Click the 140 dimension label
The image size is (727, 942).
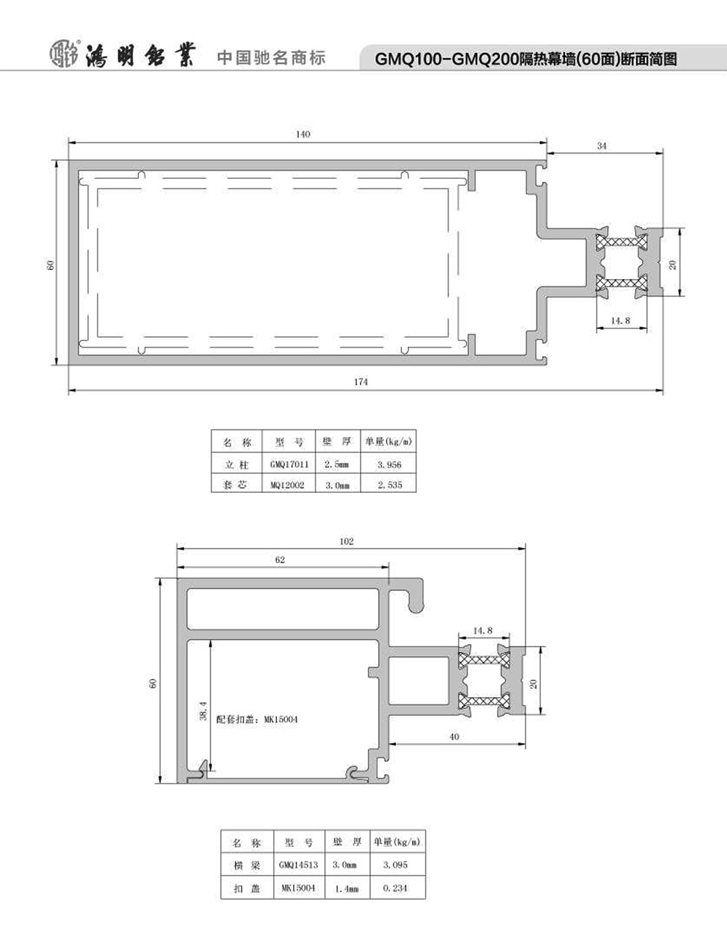pyautogui.click(x=303, y=134)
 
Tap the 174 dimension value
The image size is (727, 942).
pyautogui.click(x=361, y=382)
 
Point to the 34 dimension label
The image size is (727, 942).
pyautogui.click(x=602, y=146)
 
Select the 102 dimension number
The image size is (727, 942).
pyautogui.click(x=346, y=542)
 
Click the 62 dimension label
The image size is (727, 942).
pyautogui.click(x=280, y=560)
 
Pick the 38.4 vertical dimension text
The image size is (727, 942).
pyautogui.click(x=204, y=711)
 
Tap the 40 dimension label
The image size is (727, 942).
pyautogui.click(x=454, y=736)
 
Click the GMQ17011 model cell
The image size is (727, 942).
pyautogui.click(x=289, y=464)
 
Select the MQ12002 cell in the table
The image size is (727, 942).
pyautogui.click(x=287, y=485)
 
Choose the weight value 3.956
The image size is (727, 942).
pyautogui.click(x=389, y=464)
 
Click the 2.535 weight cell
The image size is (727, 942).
pyautogui.click(x=390, y=485)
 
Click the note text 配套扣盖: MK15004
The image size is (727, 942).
pyautogui.click(x=257, y=720)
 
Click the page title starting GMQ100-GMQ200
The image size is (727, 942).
pyautogui.click(x=526, y=59)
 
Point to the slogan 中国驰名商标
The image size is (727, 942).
pyautogui.click(x=271, y=57)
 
